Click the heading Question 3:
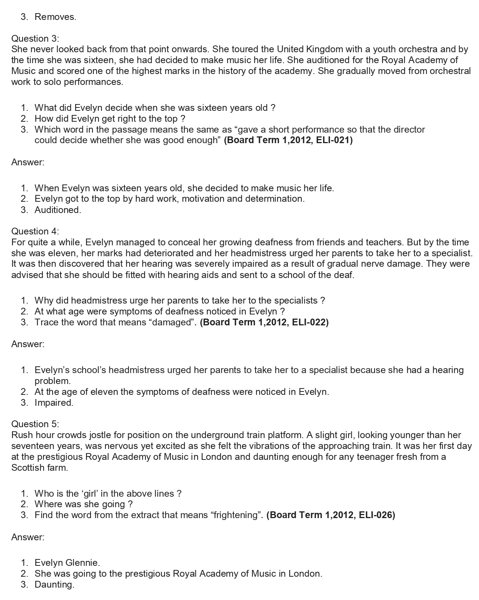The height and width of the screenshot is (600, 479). tap(35, 38)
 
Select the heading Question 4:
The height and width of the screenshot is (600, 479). tap(35, 231)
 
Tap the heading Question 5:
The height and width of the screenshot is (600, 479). tap(35, 424)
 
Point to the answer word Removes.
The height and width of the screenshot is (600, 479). tap(55, 17)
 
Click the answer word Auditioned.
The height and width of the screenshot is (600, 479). tap(57, 210)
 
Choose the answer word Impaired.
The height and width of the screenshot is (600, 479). tap(54, 402)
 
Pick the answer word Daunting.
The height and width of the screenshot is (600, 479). tap(54, 584)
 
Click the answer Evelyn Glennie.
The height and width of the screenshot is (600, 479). tap(67, 562)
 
